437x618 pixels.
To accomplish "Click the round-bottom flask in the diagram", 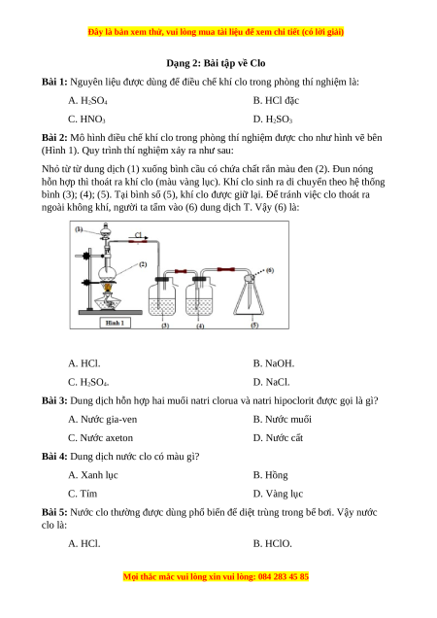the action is pos(107,272).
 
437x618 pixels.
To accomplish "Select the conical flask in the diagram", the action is pos(249,296).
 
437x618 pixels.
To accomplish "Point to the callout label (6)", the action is pos(270,270).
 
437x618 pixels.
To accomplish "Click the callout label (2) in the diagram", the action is pos(143,264).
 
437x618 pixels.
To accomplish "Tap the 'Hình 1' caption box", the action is pos(115,323).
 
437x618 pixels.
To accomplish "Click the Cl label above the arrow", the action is pos(138,235).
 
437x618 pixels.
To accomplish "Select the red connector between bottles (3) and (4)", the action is pos(181,271).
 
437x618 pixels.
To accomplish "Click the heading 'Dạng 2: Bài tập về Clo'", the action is pos(216,63).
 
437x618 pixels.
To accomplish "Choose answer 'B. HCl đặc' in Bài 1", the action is pos(276,101).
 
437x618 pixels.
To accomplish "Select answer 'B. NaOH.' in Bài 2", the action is pos(274,363).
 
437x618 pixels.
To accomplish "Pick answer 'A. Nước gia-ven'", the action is pos(103,420).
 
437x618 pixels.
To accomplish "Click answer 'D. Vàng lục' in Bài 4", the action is pos(278,494).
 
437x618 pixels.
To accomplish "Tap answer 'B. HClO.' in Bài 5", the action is pos(272,544).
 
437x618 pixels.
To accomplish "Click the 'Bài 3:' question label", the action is pos(54,401).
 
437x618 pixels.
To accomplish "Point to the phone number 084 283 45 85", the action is pos(284,577).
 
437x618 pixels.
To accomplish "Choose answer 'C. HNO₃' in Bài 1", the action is pos(86,120).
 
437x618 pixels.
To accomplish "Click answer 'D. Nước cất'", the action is pos(278,438).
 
